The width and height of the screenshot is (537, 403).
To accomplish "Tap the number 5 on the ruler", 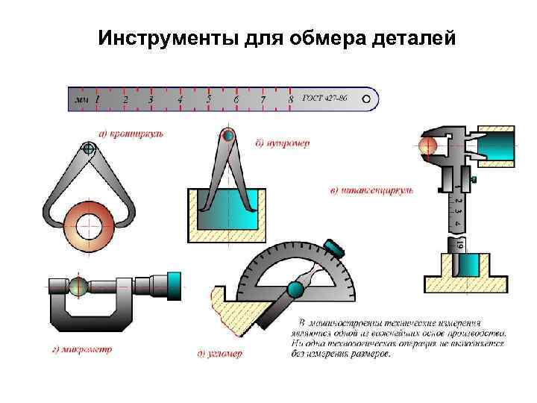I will (x=209, y=99).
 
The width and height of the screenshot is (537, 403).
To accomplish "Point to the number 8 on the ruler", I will (x=290, y=99).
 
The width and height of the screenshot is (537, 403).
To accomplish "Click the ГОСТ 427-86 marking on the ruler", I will (x=324, y=99).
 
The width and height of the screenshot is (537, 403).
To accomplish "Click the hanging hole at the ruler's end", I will (x=365, y=99).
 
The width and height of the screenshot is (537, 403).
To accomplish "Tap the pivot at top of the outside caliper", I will (x=89, y=149).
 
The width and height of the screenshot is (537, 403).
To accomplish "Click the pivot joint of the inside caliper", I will (x=228, y=136).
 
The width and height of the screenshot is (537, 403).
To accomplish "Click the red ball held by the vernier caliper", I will (x=428, y=146).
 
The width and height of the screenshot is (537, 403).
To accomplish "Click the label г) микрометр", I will (x=81, y=349).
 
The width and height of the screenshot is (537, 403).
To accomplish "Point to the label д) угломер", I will (x=220, y=354).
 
